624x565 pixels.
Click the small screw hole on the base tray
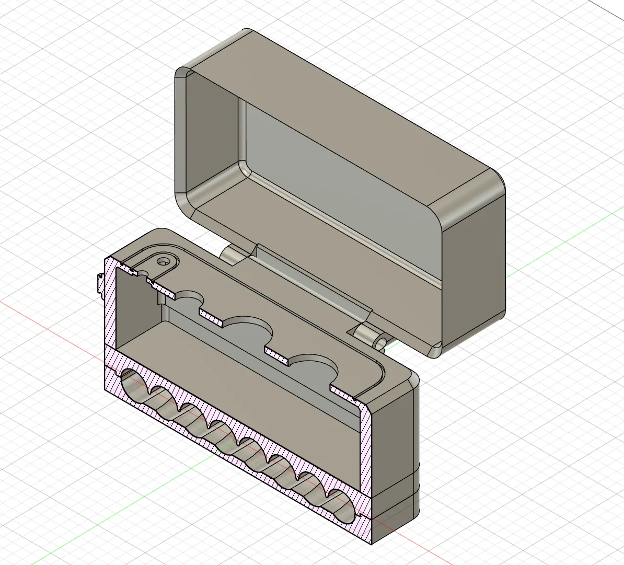click(x=166, y=260)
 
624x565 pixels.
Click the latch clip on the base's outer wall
click(x=99, y=285)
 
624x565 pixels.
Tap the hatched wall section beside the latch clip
click(x=110, y=303)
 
